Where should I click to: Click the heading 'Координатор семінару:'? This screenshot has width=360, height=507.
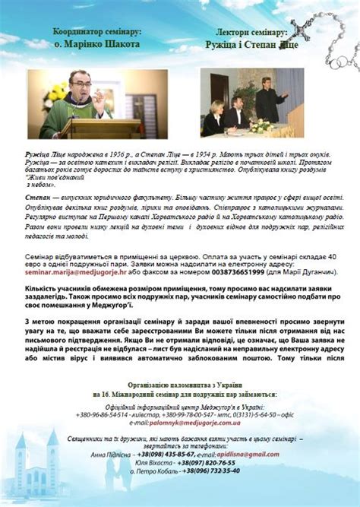point(97,34)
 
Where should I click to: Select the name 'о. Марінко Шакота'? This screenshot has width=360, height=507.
point(97,45)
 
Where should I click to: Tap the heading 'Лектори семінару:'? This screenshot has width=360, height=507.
point(251,34)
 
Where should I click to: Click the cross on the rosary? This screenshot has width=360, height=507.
point(302,27)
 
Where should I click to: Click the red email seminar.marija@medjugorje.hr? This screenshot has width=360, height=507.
point(72,271)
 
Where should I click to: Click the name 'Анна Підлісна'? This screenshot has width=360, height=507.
point(109,454)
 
